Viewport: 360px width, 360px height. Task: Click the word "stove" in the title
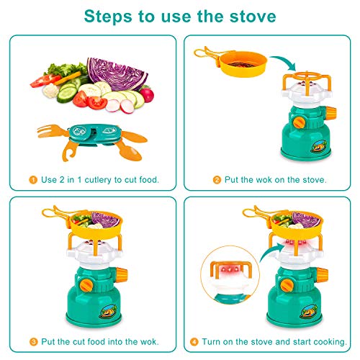click(x=253, y=17)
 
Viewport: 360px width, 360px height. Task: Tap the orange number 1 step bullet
click(x=33, y=180)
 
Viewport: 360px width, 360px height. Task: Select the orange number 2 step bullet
click(x=217, y=180)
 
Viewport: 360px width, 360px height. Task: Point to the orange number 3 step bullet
click(x=34, y=342)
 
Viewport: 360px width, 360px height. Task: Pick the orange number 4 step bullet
click(x=194, y=342)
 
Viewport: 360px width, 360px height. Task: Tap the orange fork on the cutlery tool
click(x=52, y=132)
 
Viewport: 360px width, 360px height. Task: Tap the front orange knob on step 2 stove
click(x=299, y=122)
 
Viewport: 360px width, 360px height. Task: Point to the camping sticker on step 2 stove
click(x=319, y=146)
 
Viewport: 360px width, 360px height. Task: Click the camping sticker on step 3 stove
click(x=108, y=311)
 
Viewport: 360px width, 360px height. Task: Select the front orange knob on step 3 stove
click(x=86, y=285)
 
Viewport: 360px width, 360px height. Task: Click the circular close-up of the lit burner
click(x=230, y=275)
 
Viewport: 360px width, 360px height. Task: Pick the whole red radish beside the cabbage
click(x=147, y=94)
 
